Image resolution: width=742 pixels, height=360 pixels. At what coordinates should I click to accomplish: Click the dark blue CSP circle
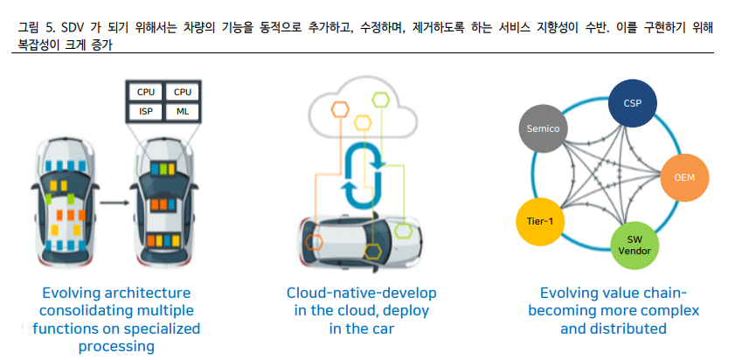(x=633, y=104)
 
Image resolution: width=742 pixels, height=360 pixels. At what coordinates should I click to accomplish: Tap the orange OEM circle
(x=684, y=177)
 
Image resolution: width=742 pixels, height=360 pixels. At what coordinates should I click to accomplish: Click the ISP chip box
(x=145, y=111)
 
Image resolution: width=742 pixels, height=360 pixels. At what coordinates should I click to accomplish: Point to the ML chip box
(x=182, y=111)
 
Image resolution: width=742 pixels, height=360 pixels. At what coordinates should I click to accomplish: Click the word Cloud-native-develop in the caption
(x=361, y=293)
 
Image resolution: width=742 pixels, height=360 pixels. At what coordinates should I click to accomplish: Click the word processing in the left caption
(x=116, y=347)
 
